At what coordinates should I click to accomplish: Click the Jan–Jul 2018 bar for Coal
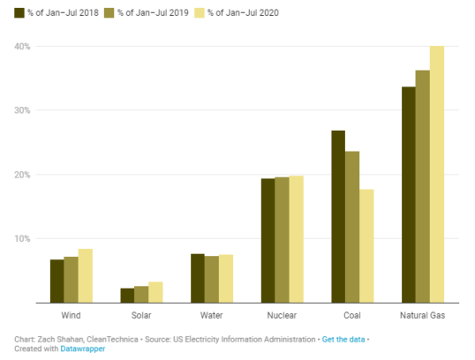[338, 217]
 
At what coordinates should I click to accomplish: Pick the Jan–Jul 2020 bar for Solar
[155, 292]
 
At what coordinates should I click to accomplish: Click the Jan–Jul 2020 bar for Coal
[366, 246]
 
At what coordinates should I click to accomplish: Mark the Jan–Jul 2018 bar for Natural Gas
[408, 195]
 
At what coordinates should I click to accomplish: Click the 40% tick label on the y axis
[23, 46]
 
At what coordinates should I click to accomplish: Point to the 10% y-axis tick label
[23, 238]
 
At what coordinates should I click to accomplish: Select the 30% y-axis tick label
[23, 110]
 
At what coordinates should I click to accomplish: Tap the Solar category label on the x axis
[141, 315]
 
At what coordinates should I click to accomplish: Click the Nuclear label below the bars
[282, 315]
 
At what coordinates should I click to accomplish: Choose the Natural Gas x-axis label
[422, 315]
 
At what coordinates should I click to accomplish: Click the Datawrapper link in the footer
[83, 349]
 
